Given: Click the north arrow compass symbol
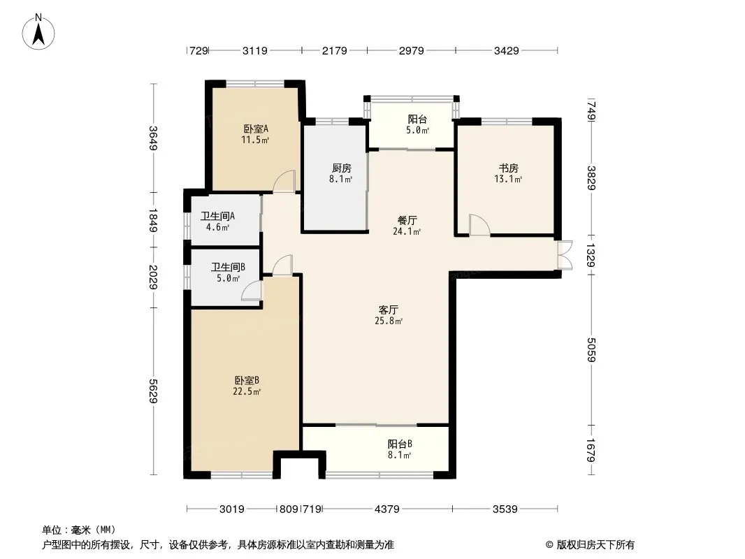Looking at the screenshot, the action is tap(38, 32).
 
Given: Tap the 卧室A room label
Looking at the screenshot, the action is tap(256, 129).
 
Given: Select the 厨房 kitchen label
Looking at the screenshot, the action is tap(341, 168).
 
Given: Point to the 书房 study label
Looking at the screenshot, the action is tap(508, 168).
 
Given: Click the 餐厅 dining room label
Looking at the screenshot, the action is tap(407, 220).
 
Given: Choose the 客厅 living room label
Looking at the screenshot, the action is tap(388, 310).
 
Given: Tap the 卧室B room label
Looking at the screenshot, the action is tap(247, 380).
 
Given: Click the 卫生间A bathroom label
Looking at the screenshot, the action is tap(217, 216).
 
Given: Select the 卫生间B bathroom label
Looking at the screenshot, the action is tap(228, 268).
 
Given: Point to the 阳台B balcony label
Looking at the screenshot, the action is tap(400, 444).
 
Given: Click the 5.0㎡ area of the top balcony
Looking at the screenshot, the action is tap(418, 130).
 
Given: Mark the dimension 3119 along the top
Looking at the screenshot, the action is tap(255, 50).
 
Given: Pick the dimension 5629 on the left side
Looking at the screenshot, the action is tap(153, 391).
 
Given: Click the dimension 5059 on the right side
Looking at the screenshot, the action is tap(591, 349).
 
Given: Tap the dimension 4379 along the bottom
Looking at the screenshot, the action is tap(387, 509).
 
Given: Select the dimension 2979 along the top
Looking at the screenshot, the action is tap(412, 50).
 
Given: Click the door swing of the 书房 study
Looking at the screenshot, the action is tap(479, 224).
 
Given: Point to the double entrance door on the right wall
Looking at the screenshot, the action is tap(565, 256).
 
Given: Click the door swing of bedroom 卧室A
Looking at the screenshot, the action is tap(284, 181).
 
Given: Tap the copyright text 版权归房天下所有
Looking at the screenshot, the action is tap(595, 545).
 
